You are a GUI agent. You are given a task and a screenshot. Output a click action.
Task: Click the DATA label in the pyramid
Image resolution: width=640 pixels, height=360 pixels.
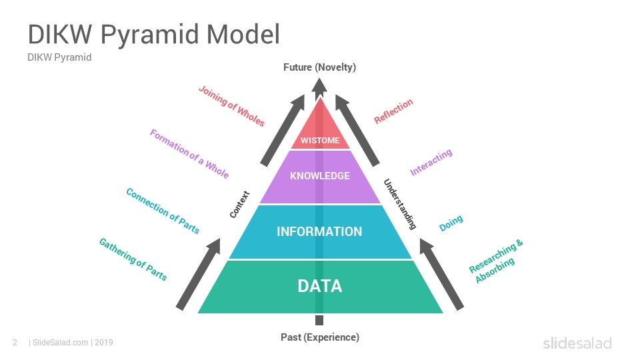(319, 286)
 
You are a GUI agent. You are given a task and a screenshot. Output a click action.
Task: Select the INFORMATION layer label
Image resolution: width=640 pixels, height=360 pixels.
(319, 231)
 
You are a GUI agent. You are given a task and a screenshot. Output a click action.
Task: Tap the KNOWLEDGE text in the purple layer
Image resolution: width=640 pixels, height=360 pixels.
(320, 176)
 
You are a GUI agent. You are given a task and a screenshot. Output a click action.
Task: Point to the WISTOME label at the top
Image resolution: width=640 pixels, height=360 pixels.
(320, 141)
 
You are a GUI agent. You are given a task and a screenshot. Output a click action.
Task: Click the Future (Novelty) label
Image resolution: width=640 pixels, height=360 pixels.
(319, 67)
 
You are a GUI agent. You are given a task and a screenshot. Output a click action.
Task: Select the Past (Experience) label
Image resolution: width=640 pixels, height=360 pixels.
(320, 337)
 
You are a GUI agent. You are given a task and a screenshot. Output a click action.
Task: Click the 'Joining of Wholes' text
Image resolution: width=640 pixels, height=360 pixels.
(232, 106)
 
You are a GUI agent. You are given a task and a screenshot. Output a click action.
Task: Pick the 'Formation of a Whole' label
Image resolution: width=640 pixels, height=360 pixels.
(189, 153)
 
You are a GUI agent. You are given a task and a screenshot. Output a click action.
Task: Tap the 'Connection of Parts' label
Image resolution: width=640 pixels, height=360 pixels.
(163, 211)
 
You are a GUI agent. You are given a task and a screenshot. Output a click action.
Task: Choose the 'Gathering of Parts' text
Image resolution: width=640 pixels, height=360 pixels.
(133, 259)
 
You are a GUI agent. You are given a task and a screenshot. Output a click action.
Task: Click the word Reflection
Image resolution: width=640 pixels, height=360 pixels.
(393, 111)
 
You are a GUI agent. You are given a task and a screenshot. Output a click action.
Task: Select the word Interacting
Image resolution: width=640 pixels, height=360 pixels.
(431, 162)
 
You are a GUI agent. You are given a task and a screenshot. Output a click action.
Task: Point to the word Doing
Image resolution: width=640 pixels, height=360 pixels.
(451, 223)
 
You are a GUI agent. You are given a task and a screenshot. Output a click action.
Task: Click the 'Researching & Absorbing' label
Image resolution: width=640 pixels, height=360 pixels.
(496, 261)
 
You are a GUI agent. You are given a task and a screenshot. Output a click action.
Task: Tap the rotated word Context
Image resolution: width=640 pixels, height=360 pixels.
(239, 204)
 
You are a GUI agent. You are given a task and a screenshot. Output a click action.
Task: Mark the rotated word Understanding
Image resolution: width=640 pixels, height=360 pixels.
(400, 204)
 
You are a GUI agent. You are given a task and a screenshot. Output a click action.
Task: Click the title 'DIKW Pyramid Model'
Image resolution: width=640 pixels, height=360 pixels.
(154, 34)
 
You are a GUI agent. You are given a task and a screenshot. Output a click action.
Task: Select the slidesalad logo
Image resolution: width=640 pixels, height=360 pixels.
(577, 343)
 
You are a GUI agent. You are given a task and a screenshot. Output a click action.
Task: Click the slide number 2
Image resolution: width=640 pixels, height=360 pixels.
(15, 343)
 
